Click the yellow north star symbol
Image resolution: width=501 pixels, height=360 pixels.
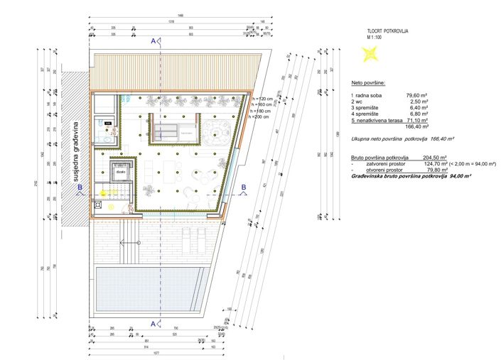(x=368, y=52)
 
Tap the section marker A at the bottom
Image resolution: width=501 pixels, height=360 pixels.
(x=153, y=323)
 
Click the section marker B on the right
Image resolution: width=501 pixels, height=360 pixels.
(x=243, y=187)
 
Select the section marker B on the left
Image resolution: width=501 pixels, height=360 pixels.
(x=80, y=187)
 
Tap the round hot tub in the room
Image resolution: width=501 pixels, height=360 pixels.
(x=215, y=131)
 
